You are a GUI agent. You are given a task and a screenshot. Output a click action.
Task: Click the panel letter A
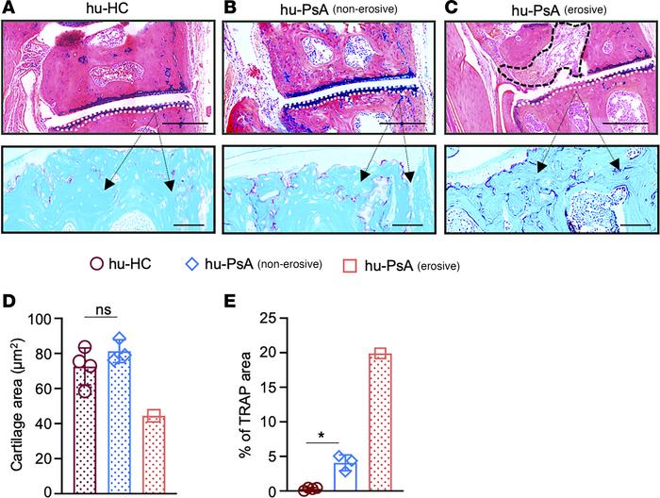point(8,8)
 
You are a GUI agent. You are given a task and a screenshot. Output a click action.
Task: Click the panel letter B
point(228,8)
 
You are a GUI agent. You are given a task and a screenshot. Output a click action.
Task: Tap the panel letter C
point(449,8)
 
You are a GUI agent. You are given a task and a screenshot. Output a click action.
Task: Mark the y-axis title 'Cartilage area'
point(14,405)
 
